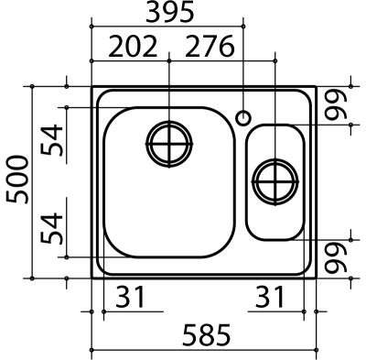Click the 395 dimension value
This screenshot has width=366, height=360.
170,12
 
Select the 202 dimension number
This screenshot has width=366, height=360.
133,47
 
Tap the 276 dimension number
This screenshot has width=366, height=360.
210,47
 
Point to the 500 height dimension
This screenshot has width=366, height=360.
17,180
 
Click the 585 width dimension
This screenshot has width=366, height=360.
207,334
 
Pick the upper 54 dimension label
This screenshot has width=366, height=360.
52,139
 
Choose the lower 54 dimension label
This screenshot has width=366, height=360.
52,228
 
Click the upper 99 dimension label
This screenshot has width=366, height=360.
336,104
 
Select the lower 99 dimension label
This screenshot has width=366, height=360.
336,258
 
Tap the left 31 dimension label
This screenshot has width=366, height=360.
130,297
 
